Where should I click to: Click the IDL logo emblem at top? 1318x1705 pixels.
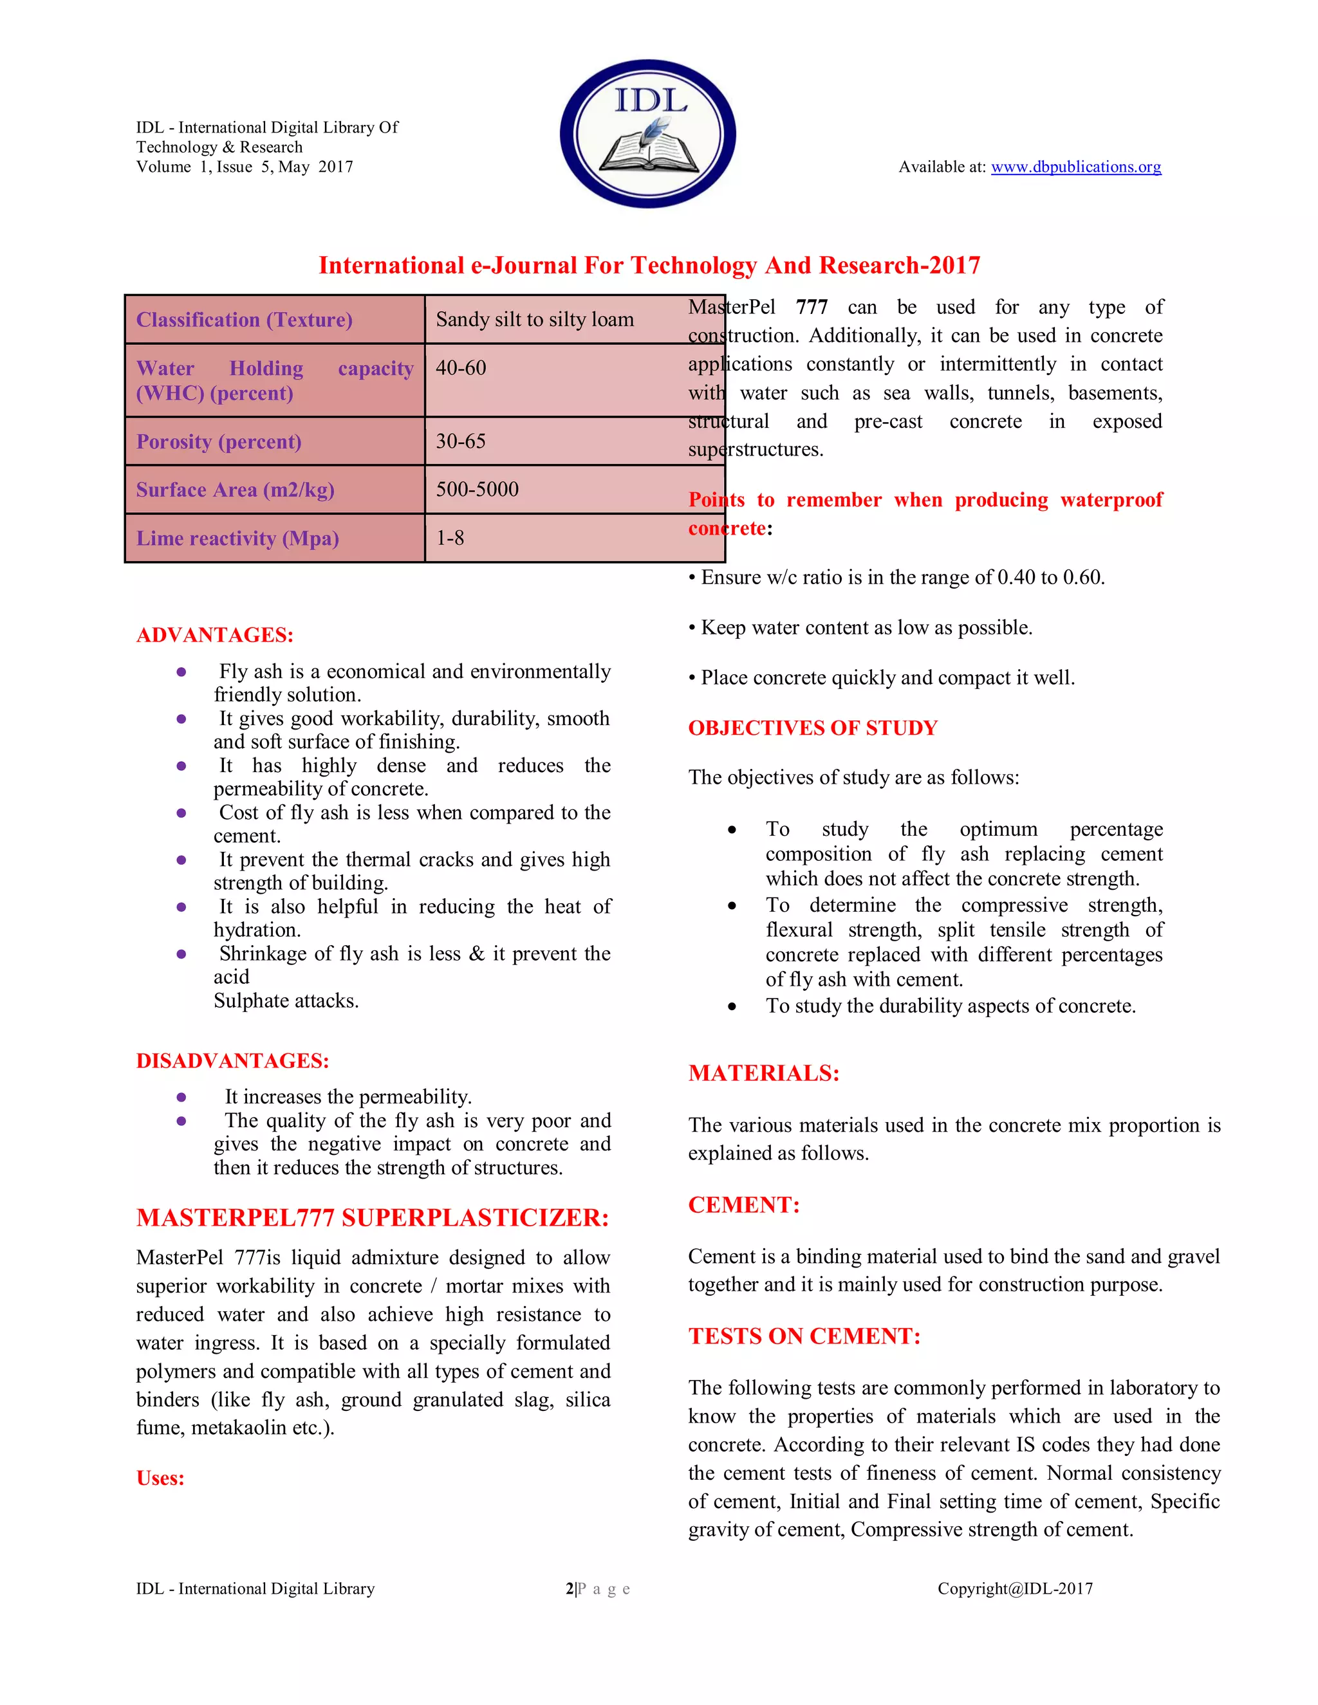tap(648, 133)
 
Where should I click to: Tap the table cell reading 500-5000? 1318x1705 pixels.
tap(477, 490)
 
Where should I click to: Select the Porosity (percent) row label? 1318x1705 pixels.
tap(219, 442)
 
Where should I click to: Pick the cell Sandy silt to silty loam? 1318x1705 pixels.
tap(535, 319)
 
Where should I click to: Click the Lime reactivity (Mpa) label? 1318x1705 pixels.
tap(237, 539)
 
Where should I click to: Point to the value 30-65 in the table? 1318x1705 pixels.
tap(461, 441)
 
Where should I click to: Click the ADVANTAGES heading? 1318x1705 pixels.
tap(215, 634)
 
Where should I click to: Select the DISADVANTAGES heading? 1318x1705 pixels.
tap(233, 1061)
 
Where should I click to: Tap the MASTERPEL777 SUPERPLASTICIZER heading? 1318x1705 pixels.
tap(373, 1218)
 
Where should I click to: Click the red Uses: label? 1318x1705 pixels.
tap(160, 1478)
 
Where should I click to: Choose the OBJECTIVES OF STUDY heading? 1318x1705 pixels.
tap(812, 728)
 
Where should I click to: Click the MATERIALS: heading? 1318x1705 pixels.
tap(764, 1073)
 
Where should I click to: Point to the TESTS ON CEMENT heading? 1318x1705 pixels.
tap(804, 1336)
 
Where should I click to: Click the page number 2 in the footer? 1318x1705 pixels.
tap(569, 1589)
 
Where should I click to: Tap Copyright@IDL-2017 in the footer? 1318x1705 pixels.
tap(1015, 1589)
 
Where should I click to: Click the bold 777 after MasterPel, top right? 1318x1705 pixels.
tap(812, 308)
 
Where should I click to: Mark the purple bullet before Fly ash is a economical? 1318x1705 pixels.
tap(181, 671)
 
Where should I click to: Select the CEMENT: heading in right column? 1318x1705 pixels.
tap(743, 1204)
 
